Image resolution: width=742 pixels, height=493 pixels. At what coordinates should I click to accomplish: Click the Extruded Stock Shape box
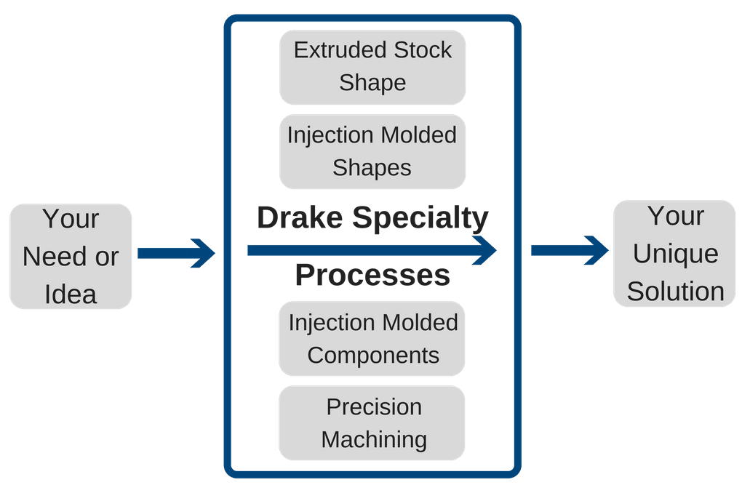click(x=372, y=66)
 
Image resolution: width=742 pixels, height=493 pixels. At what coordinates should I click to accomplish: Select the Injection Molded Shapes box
click(x=372, y=151)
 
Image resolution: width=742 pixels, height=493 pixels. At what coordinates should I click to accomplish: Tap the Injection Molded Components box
click(x=372, y=338)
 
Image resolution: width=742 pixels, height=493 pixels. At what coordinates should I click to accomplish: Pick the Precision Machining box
click(x=372, y=422)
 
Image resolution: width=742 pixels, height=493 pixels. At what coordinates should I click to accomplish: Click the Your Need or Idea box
click(x=71, y=256)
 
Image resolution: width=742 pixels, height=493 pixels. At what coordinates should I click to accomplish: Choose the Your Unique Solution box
click(x=676, y=254)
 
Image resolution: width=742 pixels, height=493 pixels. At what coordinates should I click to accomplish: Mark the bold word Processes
click(x=372, y=276)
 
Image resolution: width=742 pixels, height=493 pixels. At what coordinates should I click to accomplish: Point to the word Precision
click(x=374, y=406)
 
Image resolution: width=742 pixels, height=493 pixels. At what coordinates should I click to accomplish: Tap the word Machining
click(x=374, y=439)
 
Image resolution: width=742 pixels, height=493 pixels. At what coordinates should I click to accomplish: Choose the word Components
click(x=373, y=355)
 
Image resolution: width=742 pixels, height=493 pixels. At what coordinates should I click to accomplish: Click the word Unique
click(x=676, y=254)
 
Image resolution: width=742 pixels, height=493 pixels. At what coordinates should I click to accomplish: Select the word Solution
click(x=676, y=291)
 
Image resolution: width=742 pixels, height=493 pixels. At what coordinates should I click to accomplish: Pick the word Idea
click(x=71, y=294)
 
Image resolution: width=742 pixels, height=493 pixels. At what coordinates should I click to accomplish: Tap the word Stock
click(x=423, y=49)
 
